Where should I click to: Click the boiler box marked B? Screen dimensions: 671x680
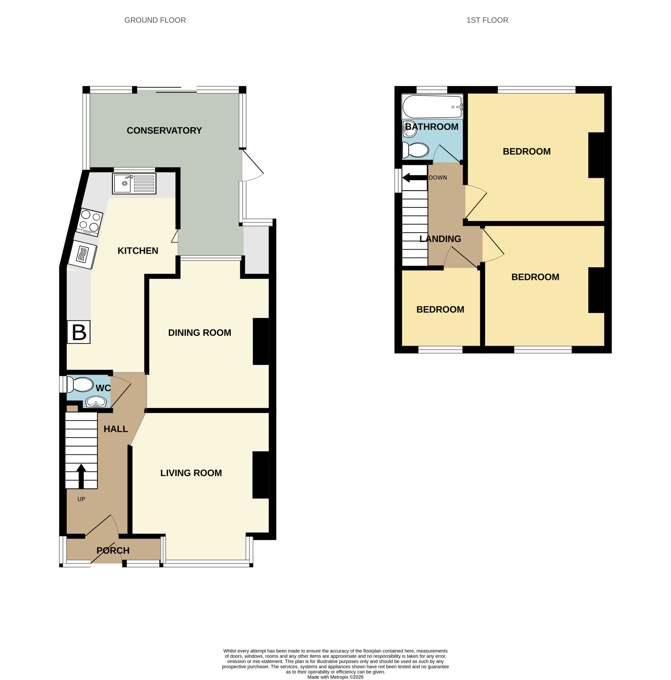tap(78, 332)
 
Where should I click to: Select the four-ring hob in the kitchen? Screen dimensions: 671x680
tap(90, 222)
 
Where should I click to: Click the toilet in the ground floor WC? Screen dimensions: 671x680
tap(80, 385)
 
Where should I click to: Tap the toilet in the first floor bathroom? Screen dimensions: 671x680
tap(415, 150)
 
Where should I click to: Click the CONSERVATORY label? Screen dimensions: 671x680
tap(164, 131)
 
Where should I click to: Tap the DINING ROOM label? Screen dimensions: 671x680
tap(200, 333)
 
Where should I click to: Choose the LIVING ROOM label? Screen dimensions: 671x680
tap(191, 473)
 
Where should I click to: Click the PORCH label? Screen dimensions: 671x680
tap(113, 550)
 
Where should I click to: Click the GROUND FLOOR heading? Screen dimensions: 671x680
tap(155, 20)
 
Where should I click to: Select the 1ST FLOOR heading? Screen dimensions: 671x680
tap(488, 20)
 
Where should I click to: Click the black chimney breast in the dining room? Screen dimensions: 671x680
tap(261, 341)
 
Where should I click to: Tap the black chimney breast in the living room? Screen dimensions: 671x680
tap(261, 475)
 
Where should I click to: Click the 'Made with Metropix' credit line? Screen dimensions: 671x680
tap(335, 677)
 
